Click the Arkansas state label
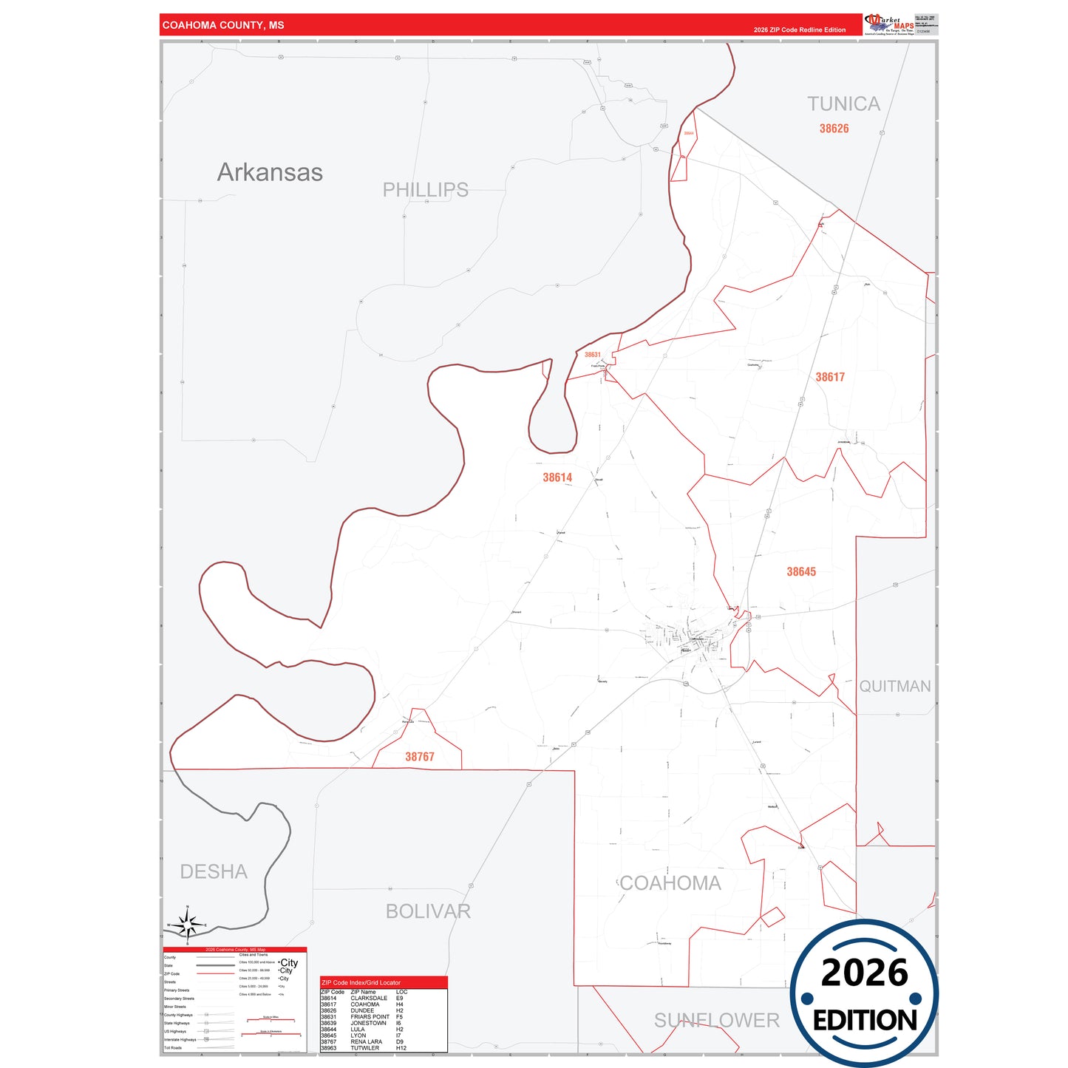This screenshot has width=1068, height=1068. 270,172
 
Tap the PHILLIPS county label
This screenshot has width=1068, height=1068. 425,190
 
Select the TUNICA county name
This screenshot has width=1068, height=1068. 843,104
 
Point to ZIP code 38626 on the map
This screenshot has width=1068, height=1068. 834,129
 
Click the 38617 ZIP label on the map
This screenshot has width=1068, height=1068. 830,377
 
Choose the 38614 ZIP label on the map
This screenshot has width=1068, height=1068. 557,477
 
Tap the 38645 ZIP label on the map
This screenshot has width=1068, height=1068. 801,571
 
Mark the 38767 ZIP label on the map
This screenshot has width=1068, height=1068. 420,757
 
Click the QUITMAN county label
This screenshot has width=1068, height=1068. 894,687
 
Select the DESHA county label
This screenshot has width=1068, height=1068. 214,872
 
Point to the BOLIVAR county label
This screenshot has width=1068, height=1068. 428,911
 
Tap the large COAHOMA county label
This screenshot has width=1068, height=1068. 670,883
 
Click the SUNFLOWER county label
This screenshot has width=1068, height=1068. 716,1021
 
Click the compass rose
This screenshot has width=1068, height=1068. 188,924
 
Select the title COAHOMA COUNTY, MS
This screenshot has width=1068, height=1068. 223,25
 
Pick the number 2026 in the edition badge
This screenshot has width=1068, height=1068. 864,973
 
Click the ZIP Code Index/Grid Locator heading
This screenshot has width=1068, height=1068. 361,983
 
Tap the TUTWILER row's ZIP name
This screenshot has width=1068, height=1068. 364,1048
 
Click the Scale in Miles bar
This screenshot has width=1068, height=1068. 271,1019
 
